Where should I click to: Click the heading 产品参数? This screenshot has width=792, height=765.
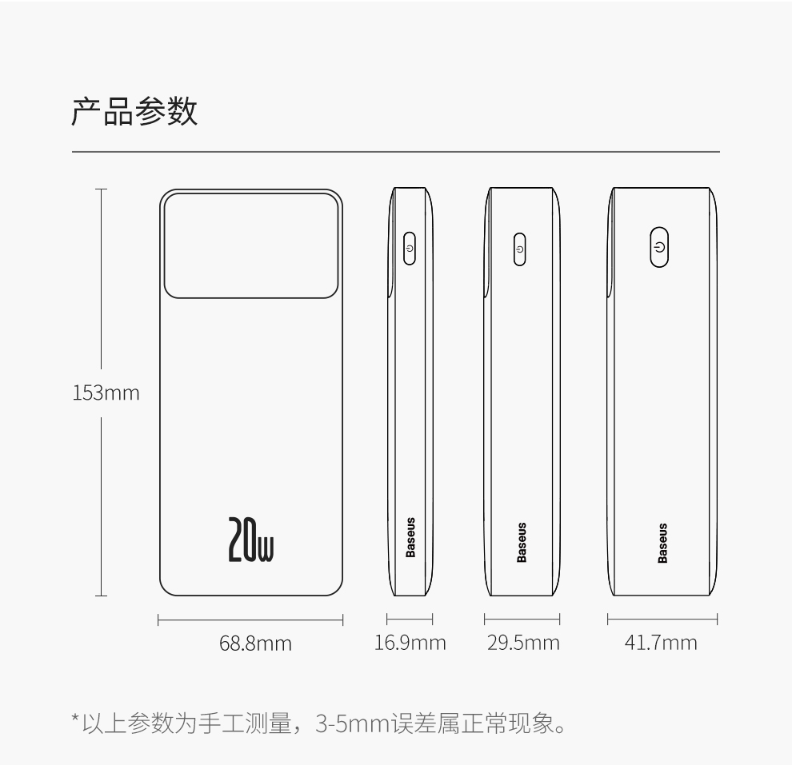coord(134,112)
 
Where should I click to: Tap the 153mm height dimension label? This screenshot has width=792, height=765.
coord(106,393)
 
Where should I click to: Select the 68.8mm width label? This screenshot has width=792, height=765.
coord(256,643)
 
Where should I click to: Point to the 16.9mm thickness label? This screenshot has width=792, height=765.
coord(410,642)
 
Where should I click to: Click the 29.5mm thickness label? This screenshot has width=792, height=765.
coord(523,642)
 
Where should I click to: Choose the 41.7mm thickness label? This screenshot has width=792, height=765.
coord(661,642)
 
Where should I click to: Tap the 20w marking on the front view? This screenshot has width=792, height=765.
coord(251,540)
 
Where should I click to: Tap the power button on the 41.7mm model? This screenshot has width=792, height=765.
coord(658,247)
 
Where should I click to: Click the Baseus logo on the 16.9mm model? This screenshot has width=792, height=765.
coord(410,537)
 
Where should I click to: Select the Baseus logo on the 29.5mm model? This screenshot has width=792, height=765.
coord(522,543)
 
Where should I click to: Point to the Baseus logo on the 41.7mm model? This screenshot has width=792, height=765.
coord(662,543)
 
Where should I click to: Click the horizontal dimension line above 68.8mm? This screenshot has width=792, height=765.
coord(250,619)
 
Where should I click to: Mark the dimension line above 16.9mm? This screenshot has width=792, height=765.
coord(410,619)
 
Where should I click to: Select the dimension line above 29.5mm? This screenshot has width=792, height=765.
coord(522,619)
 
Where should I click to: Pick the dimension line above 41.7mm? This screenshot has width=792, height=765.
coord(662,619)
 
